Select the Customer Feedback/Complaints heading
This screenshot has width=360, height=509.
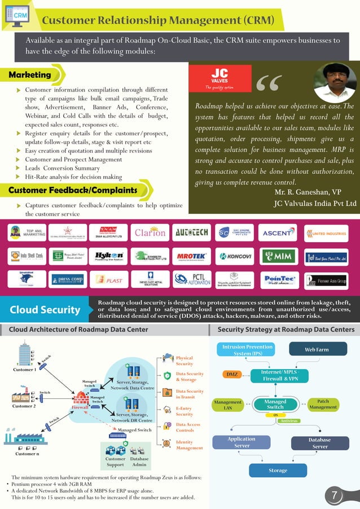click(x=73, y=190)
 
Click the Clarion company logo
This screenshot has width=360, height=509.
click(x=150, y=232)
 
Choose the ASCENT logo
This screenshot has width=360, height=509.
click(x=278, y=232)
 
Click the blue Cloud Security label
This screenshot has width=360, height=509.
click(x=45, y=310)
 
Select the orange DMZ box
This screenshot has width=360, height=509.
click(x=232, y=374)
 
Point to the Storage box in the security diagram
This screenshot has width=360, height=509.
click(x=278, y=470)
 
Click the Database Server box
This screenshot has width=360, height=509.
click(x=319, y=443)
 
